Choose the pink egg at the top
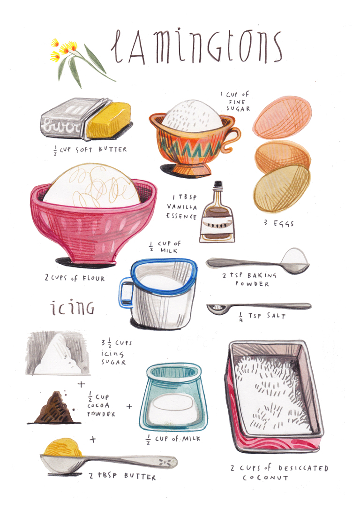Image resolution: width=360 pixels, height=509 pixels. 279,117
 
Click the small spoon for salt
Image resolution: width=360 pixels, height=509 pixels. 258,307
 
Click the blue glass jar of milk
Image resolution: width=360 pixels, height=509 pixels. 173,399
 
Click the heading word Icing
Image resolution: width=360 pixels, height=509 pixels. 73,308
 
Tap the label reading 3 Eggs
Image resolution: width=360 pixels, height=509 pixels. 278,223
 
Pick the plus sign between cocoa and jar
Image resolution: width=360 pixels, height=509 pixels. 129,406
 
